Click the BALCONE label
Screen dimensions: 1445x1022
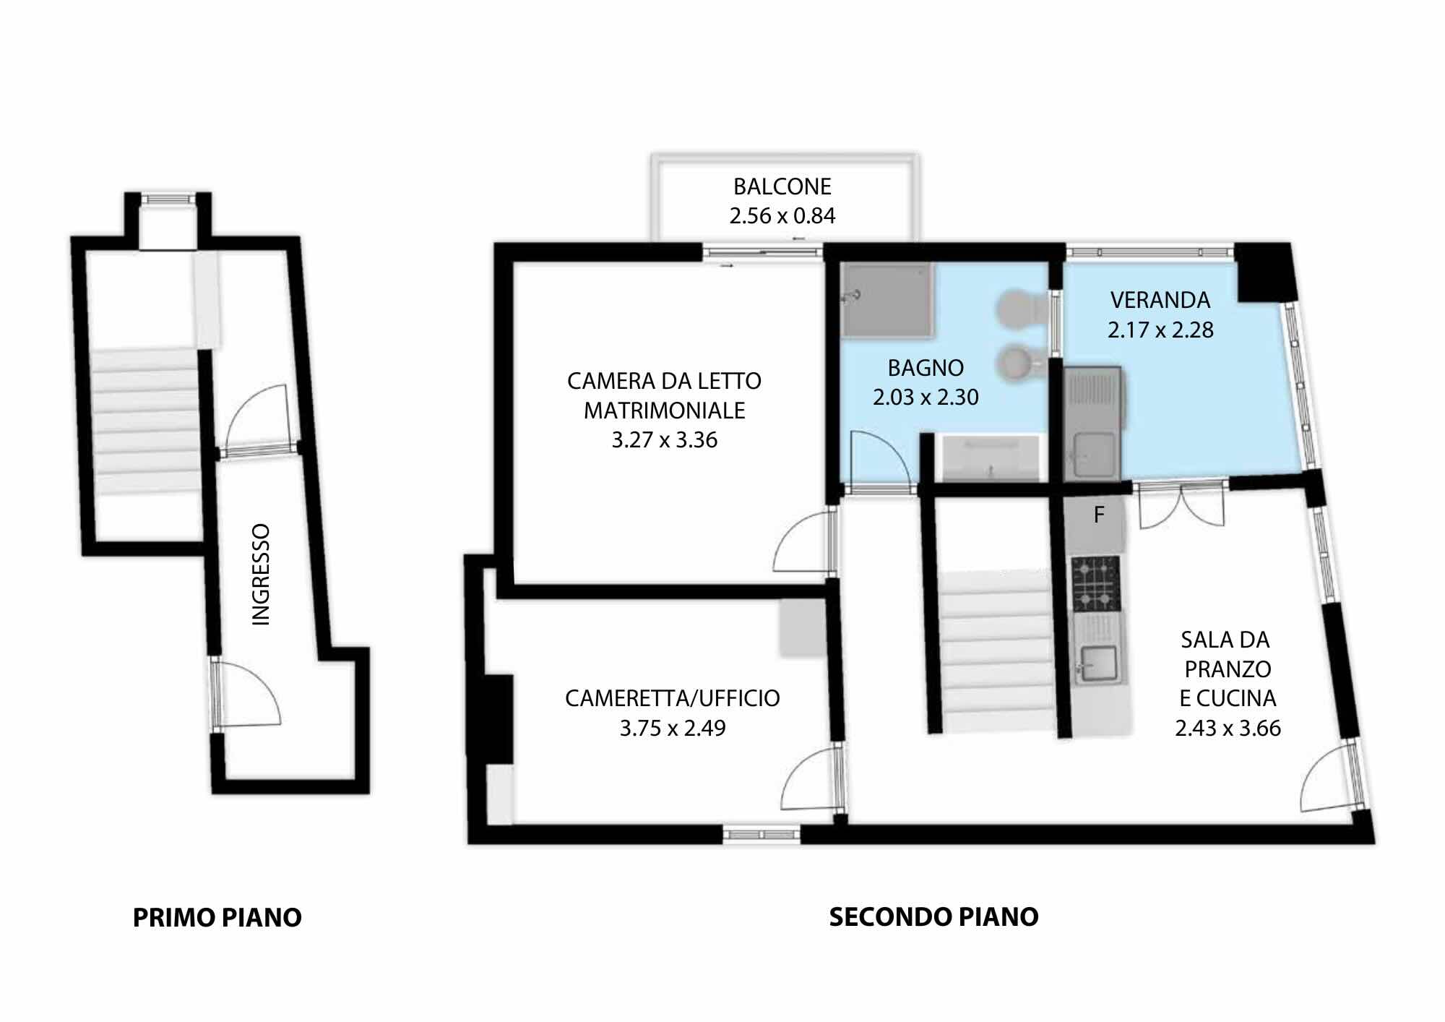tap(782, 186)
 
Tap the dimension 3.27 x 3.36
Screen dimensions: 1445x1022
tap(665, 440)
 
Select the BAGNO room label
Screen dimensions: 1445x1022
tap(926, 368)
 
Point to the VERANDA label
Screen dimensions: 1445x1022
tap(1160, 300)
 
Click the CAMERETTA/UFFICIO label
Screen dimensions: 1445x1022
tap(673, 698)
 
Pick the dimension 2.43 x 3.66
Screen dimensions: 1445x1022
tap(1228, 728)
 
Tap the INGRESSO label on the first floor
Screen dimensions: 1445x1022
tap(260, 575)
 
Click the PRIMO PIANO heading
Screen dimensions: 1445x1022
tap(217, 917)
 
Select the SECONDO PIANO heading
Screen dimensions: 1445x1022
tap(933, 916)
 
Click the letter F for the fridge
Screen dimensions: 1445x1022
tap(1099, 515)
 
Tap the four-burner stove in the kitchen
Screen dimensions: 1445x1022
tap(1096, 583)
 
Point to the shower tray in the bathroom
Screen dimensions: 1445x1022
tap(888, 300)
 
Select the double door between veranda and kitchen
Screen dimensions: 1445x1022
tap(1182, 505)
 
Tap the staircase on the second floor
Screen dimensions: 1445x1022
tap(996, 650)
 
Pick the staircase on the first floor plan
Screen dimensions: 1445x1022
tap(147, 421)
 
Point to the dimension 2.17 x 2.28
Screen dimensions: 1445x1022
tap(1160, 330)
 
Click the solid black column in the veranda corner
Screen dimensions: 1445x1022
tap(1264, 272)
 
